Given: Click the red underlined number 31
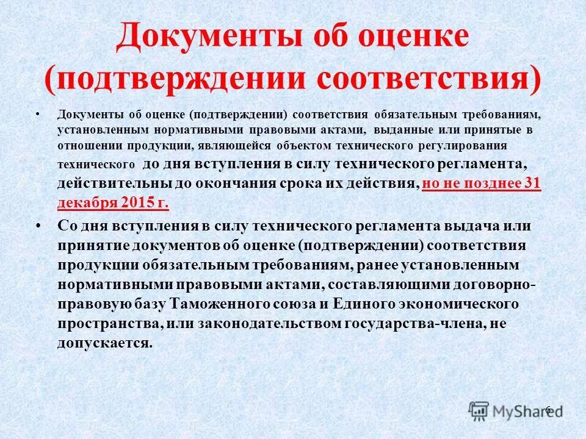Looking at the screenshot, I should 531,184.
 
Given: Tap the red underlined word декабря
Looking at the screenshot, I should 86,202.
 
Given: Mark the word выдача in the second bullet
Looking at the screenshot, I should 466,226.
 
